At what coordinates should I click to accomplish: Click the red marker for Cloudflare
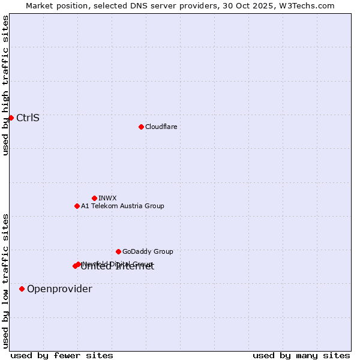click(x=141, y=127)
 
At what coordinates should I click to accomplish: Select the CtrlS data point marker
click(x=11, y=118)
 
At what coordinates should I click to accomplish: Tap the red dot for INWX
click(x=94, y=198)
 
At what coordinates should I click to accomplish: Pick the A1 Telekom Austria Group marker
click(x=77, y=206)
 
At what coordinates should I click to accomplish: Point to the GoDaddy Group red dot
click(x=118, y=251)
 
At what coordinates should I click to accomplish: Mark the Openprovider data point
click(x=22, y=289)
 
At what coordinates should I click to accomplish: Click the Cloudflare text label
click(x=161, y=127)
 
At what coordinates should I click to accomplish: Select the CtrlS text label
click(x=28, y=118)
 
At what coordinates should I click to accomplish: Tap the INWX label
click(x=107, y=198)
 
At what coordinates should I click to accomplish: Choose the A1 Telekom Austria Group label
click(x=122, y=206)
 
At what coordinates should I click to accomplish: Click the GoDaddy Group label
click(x=148, y=251)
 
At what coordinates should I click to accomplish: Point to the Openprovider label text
click(x=59, y=289)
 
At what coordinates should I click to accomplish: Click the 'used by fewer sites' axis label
click(x=62, y=355)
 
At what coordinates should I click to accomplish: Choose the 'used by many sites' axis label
click(x=301, y=355)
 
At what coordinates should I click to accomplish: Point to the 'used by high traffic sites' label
click(x=5, y=86)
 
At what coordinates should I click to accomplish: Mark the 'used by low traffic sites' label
click(x=5, y=281)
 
